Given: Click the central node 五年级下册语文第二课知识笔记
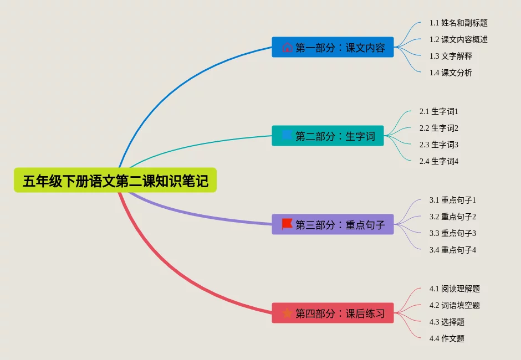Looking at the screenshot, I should [115, 181].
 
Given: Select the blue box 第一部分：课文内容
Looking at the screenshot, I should [333, 47].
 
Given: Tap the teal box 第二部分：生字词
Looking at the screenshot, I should [328, 136].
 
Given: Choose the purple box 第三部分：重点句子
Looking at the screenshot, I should [333, 224].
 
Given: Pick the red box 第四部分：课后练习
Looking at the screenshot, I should [333, 313].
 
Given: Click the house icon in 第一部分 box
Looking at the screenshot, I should [287, 47].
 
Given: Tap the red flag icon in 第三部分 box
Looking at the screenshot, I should [287, 224].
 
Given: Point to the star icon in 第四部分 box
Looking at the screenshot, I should [287, 313].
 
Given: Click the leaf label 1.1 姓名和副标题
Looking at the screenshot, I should [458, 23].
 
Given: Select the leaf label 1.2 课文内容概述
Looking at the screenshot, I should [458, 39].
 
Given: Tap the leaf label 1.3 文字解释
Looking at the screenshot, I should [451, 56].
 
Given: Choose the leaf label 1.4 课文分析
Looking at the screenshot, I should [451, 73].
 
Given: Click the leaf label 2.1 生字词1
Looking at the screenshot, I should [439, 111].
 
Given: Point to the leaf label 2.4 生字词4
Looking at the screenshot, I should [439, 161].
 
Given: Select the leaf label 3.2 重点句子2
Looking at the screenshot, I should [453, 217].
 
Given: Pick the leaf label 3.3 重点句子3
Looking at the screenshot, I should [453, 233].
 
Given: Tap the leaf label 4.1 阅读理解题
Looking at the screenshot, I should [454, 289].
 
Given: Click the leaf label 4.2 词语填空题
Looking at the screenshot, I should [454, 305].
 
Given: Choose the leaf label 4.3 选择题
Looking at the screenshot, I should [447, 322].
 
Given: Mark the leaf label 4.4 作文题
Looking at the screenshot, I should [447, 338].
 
